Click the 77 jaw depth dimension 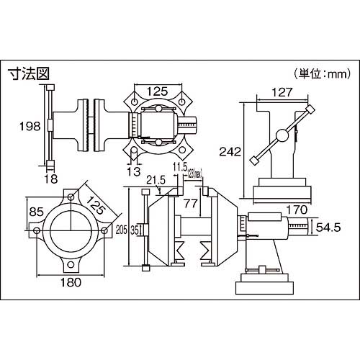189,204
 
